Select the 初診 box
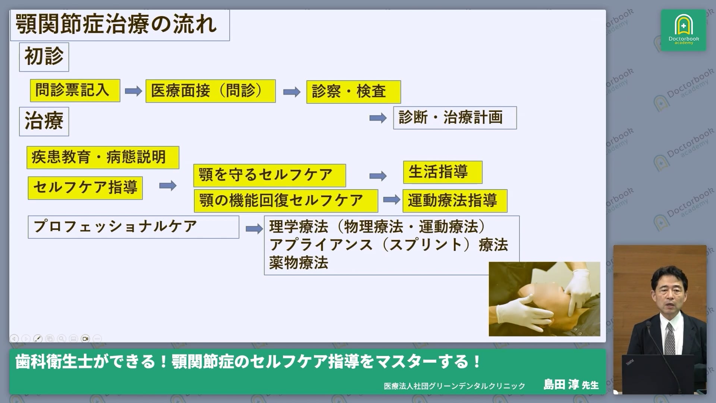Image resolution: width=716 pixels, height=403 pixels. (x=44, y=57)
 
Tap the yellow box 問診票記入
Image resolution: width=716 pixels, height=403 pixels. (x=75, y=90)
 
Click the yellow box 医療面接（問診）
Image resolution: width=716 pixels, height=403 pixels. (x=210, y=91)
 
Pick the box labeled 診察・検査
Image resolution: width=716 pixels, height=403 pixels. (x=353, y=92)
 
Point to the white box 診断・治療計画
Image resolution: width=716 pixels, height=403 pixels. (x=455, y=118)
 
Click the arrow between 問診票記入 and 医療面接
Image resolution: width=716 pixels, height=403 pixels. (x=133, y=91)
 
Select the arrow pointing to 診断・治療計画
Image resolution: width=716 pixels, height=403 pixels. (x=378, y=118)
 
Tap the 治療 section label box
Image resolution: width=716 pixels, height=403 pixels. (x=44, y=122)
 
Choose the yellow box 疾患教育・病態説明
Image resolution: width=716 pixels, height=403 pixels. (x=103, y=157)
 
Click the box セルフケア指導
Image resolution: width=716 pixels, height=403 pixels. (x=85, y=188)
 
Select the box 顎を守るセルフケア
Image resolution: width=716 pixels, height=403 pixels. (x=269, y=175)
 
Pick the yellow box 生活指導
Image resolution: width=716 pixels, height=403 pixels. (x=442, y=172)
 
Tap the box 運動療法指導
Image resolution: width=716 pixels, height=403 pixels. (x=455, y=201)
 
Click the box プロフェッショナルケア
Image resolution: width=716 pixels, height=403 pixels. (x=133, y=227)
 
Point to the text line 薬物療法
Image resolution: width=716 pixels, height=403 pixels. (x=298, y=263)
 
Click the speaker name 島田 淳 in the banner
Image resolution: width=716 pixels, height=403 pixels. (x=560, y=385)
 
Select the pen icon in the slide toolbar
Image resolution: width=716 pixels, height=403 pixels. (x=38, y=338)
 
